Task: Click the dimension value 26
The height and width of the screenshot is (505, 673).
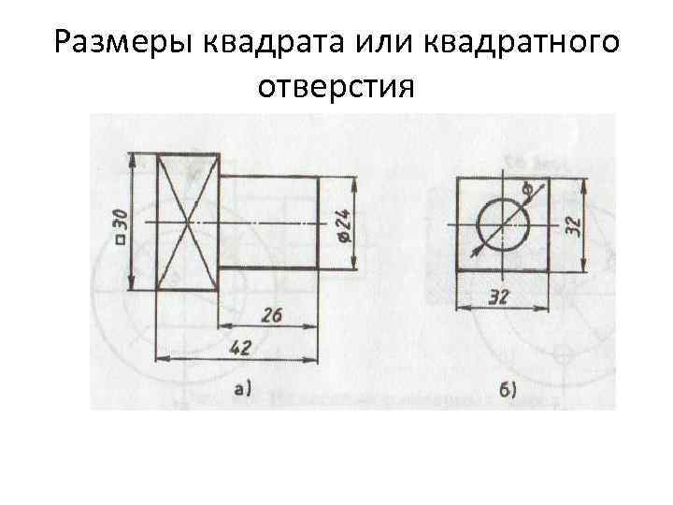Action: pyautogui.click(x=271, y=314)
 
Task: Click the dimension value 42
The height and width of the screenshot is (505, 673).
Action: pyautogui.click(x=240, y=347)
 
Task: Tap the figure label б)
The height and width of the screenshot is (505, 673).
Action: pyautogui.click(x=508, y=390)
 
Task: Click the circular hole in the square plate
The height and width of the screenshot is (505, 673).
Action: pyautogui.click(x=503, y=224)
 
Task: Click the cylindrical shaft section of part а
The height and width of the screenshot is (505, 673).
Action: pyautogui.click(x=268, y=223)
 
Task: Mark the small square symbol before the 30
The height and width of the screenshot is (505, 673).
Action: pyautogui.click(x=121, y=239)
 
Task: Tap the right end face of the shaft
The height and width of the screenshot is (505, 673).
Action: pyautogui.click(x=320, y=223)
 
